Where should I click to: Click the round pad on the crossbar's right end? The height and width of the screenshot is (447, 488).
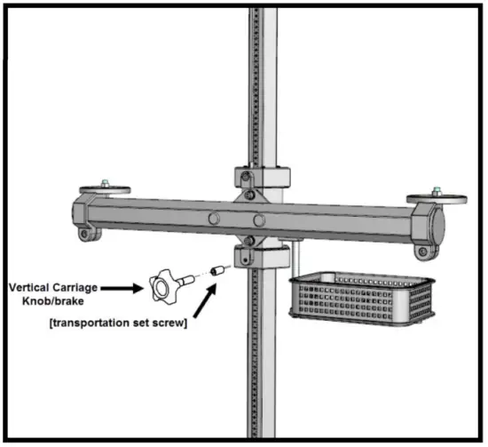[x=430, y=198]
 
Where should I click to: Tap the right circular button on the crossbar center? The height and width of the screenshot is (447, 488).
[x=258, y=220]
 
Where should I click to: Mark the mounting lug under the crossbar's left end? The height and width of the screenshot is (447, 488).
[x=87, y=235]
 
